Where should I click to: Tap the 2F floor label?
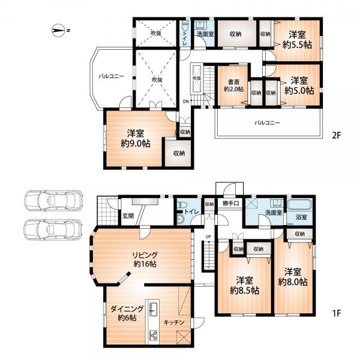click(x=337, y=136)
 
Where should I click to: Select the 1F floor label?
click(x=337, y=313)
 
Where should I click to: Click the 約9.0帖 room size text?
click(x=136, y=144)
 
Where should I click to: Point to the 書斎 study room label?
click(x=234, y=82)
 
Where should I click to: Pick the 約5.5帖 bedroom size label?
click(x=297, y=44)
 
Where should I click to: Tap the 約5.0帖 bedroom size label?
click(x=299, y=91)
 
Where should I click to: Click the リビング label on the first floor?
click(x=145, y=255)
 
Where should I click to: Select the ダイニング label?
click(x=127, y=309)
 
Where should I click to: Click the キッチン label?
click(x=174, y=322)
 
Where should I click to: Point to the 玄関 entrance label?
click(x=128, y=216)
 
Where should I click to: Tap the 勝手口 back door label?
click(x=231, y=203)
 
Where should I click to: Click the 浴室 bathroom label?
click(x=301, y=217)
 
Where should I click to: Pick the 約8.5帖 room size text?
click(x=245, y=290)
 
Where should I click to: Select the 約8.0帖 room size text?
click(x=293, y=282)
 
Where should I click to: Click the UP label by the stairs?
click(x=208, y=237)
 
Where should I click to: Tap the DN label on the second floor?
click(x=186, y=101)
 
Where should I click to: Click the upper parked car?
click(x=53, y=200)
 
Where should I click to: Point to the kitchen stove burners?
click(x=153, y=335)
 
